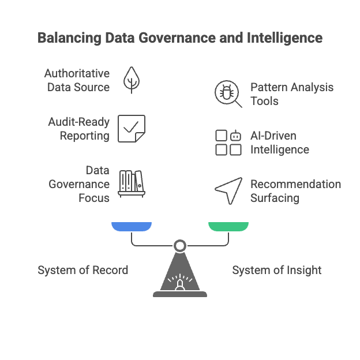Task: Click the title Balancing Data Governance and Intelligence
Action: click(179, 39)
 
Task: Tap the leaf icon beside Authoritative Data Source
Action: click(132, 80)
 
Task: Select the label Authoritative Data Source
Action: click(77, 80)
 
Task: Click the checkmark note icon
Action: click(132, 128)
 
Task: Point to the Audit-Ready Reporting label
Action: click(78, 129)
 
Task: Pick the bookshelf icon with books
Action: click(132, 184)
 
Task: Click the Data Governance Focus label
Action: click(79, 184)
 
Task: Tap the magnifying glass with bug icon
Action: click(228, 94)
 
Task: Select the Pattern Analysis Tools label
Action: click(291, 94)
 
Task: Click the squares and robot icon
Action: click(228, 142)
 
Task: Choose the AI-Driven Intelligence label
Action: click(280, 142)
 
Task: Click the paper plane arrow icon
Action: click(228, 191)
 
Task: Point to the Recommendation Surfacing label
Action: click(295, 191)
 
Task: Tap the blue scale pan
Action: click(132, 226)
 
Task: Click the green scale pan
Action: click(228, 226)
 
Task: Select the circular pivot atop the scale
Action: click(180, 246)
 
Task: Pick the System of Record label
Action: click(82, 270)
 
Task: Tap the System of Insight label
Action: click(276, 270)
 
